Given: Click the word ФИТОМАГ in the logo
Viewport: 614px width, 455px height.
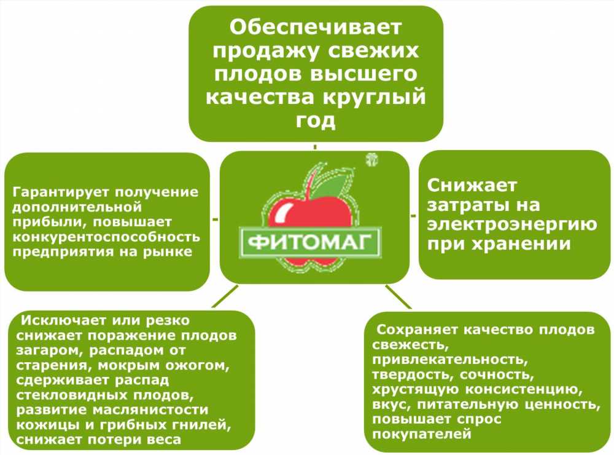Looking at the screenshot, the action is pos(309,242).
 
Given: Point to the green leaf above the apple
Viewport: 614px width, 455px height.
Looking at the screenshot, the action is pos(332,185).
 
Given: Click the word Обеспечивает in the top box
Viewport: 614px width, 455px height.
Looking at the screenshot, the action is pos(316,28).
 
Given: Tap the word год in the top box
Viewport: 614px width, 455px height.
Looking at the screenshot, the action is pos(316,121).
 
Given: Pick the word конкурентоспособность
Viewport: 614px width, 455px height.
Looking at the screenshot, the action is pos(106,237).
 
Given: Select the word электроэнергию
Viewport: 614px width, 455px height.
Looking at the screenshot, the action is pos(512,225).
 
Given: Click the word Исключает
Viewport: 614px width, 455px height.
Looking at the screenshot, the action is pos(64,320).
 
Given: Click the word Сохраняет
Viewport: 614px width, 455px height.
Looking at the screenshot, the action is pos(417,330).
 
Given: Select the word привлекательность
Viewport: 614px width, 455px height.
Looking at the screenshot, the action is pos(450,360).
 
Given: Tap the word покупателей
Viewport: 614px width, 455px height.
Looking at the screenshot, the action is pos(422,434).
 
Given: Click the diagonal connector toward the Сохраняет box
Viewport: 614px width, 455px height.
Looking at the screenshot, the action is pos(398,296).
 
